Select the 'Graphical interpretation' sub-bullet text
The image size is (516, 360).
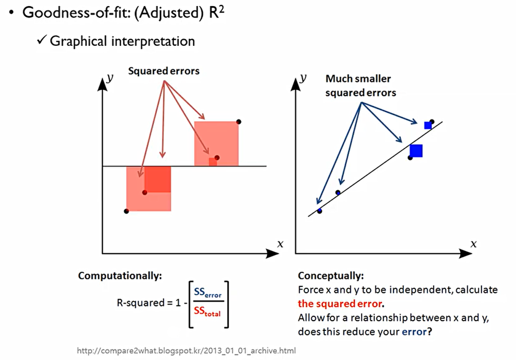pos(122,41)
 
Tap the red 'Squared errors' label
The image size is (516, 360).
pos(164,71)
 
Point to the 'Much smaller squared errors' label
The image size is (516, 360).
pos(360,86)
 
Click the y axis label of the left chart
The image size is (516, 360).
pos(110,79)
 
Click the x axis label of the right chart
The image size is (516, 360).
pos(473,244)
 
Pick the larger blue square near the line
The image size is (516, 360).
pos(416,151)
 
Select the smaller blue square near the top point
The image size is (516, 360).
pos(428,125)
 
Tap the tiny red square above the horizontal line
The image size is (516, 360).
pos(213,162)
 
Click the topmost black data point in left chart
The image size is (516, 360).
pos(239,121)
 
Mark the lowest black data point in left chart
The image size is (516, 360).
pos(126,211)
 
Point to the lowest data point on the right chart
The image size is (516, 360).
pos(319,210)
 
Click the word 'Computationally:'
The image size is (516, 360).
pos(120,276)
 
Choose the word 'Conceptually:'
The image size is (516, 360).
pos(331,276)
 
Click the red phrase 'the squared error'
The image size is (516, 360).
pos(340,304)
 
